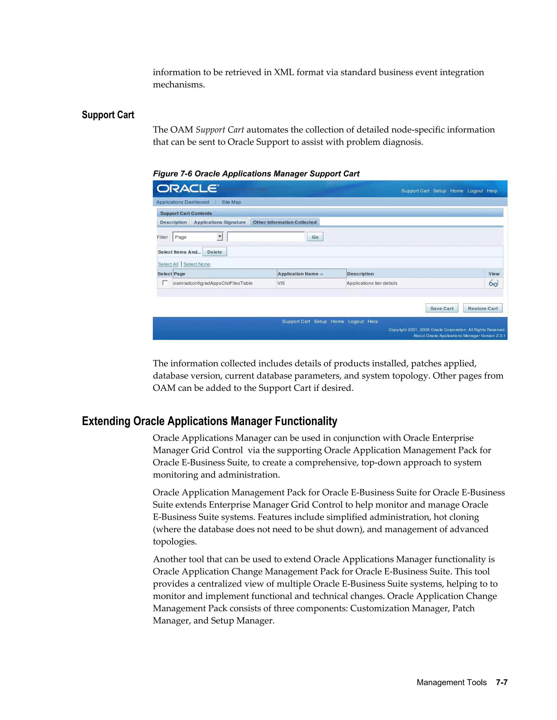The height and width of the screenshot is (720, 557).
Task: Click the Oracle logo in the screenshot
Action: pos(187,189)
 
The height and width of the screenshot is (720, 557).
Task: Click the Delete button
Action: pos(215,252)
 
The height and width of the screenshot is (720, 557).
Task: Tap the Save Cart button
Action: pos(441,308)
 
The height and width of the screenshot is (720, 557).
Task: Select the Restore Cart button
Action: pos(482,308)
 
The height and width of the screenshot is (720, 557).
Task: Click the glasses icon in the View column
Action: pos(493,283)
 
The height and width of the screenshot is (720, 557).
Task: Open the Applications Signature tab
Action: pos(219,222)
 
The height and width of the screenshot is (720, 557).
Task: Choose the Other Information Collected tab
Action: pos(284,222)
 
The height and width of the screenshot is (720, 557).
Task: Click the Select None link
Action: pos(197,264)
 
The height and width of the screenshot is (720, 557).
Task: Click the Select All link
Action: pos(168,264)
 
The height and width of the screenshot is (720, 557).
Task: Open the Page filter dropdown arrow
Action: pos(220,237)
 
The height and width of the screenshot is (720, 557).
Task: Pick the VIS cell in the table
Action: pos(281,283)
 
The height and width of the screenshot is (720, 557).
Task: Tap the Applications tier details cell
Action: pos(372,283)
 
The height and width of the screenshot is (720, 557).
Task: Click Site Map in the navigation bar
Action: pos(231,202)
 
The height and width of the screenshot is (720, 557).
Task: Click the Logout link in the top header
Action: pos(475,191)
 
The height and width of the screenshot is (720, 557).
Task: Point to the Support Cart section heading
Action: pos(108,115)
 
